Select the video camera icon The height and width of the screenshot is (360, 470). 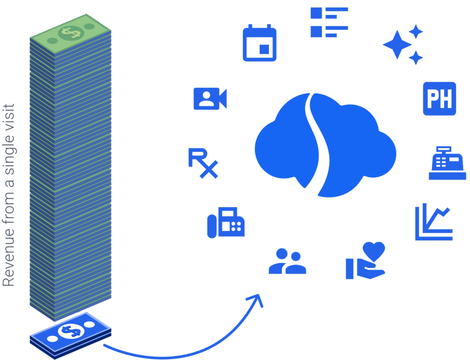click(x=210, y=99)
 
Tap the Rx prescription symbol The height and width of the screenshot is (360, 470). click(x=202, y=163)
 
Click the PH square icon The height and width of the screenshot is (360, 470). click(x=439, y=99)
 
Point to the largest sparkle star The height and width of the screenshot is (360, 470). click(x=398, y=45)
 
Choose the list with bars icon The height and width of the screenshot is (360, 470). click(x=329, y=22)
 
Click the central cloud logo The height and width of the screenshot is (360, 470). click(x=325, y=144)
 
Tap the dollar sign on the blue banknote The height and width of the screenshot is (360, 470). click(x=71, y=330)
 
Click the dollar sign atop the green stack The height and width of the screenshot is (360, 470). click(x=71, y=32)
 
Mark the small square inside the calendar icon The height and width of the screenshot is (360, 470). click(x=263, y=48)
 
